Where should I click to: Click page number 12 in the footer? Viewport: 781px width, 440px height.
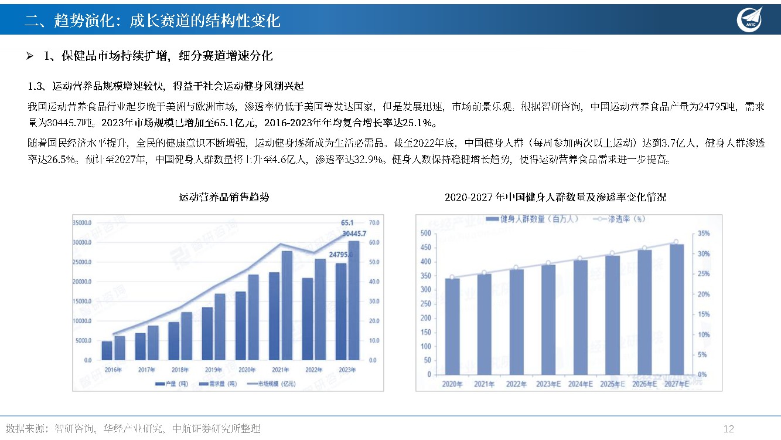[x=729, y=429]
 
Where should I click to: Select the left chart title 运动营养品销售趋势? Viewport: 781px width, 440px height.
[x=224, y=197]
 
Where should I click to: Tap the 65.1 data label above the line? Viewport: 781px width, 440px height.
[x=347, y=223]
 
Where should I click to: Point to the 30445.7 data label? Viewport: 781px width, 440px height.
[x=354, y=233]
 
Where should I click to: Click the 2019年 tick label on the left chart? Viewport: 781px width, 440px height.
[x=213, y=370]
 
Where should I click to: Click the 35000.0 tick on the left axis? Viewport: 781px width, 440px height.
[x=81, y=223]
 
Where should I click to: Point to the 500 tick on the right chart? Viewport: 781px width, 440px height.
[x=426, y=233]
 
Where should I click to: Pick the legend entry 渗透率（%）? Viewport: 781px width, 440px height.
[x=619, y=219]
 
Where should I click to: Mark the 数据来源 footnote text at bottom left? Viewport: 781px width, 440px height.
[x=132, y=429]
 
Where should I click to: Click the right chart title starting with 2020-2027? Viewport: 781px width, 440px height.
[x=555, y=197]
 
